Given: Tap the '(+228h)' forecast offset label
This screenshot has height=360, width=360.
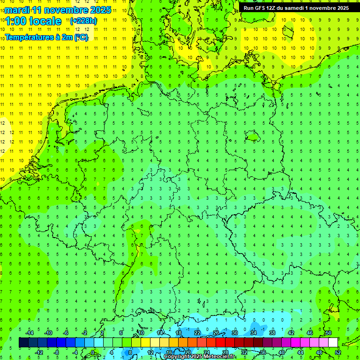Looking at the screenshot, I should (83, 21).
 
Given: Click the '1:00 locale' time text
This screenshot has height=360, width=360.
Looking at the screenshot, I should (33, 21).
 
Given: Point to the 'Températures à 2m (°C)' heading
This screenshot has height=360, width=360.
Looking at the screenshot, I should (46, 37).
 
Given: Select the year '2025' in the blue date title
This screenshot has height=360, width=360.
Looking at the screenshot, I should (100, 10).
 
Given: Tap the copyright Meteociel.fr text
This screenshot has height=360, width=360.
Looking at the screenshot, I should (200, 357).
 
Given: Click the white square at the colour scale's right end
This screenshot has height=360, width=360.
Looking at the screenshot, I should (333, 343).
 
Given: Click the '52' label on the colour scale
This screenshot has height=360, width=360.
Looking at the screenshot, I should (337, 352).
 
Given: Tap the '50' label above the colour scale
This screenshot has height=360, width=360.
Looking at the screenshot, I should (328, 333).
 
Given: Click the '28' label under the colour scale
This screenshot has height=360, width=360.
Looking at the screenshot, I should (225, 352).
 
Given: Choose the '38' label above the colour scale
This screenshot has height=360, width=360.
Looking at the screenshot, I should (272, 333).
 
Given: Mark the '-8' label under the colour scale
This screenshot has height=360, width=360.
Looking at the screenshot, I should (56, 352).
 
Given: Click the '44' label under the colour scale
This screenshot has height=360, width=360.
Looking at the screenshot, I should (300, 352).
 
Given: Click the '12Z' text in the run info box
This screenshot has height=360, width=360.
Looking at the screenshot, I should (269, 8).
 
